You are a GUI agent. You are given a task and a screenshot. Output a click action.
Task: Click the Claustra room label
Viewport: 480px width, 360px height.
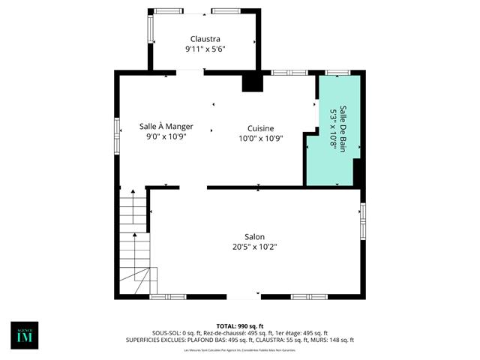point(205,39)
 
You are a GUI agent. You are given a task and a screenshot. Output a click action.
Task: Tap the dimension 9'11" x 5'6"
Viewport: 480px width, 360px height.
point(205,49)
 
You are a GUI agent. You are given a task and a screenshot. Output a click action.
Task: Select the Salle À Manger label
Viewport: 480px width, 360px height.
point(165,127)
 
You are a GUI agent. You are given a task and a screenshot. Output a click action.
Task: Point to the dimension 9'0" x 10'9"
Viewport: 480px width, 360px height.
point(165,136)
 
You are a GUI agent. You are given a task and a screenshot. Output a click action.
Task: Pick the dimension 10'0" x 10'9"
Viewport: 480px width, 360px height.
point(260,138)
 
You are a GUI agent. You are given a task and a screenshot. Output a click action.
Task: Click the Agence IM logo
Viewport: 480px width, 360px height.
point(24,335)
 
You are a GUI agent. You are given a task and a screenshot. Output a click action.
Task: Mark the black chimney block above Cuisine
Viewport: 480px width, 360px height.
point(253,82)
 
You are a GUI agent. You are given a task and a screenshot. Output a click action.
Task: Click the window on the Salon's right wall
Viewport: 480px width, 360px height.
point(363,220)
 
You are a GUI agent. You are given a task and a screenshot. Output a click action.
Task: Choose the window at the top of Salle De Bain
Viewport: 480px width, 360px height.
point(337,73)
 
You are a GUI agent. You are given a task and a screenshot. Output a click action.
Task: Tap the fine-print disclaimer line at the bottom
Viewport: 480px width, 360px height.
point(240,349)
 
